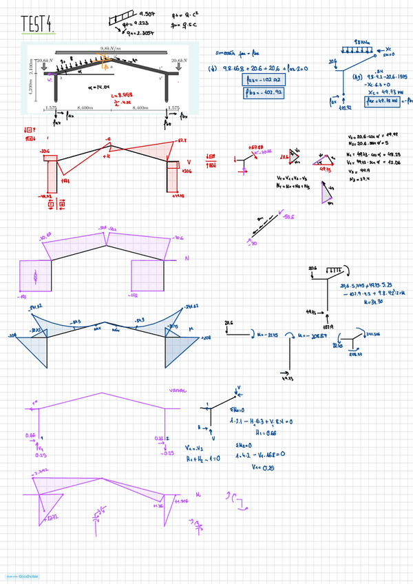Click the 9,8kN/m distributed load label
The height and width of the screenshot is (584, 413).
[110, 48]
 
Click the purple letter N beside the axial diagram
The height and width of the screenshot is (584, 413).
[187, 258]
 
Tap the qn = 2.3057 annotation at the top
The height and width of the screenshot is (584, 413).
[142, 32]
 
